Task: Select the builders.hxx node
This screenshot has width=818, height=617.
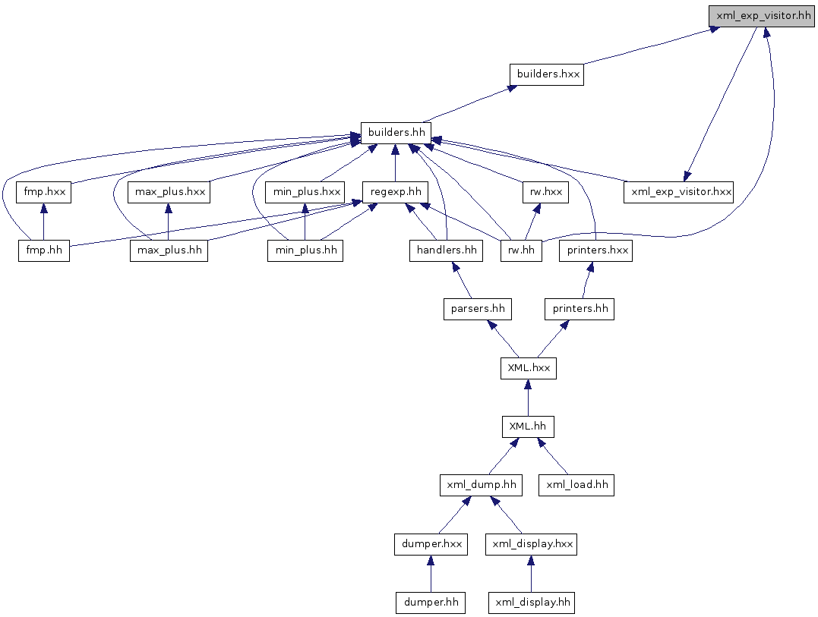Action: pos(547,74)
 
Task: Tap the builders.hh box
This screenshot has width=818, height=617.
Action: pos(396,133)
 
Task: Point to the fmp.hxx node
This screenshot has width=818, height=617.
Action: pos(44,192)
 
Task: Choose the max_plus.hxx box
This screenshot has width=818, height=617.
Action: pos(169,192)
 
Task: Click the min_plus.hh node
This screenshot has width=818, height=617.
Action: pos(305,250)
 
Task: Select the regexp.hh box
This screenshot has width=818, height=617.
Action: pos(396,192)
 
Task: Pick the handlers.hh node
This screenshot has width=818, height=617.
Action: pos(446,250)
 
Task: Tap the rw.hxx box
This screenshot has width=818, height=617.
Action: pos(545,192)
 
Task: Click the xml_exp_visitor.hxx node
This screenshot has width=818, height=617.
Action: pos(679,192)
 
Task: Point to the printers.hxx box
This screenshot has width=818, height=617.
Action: pos(595,250)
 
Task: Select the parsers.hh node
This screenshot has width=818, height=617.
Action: pos(478,309)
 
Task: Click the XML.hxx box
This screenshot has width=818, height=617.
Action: pos(529,368)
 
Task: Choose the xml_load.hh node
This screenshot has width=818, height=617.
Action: pos(576,485)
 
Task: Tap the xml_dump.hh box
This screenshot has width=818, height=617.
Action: pos(481,485)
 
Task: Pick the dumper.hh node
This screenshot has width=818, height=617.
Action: pos(431,603)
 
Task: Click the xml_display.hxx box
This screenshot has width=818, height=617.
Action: pos(532,545)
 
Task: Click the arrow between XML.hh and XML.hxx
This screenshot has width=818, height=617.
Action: pos(528,398)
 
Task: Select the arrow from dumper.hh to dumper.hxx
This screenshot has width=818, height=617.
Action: pos(431,574)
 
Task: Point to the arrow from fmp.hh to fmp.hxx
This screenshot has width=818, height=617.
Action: pos(44,222)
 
